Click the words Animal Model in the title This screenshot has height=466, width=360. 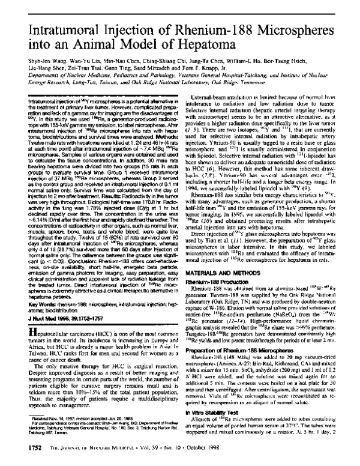click(131, 32)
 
